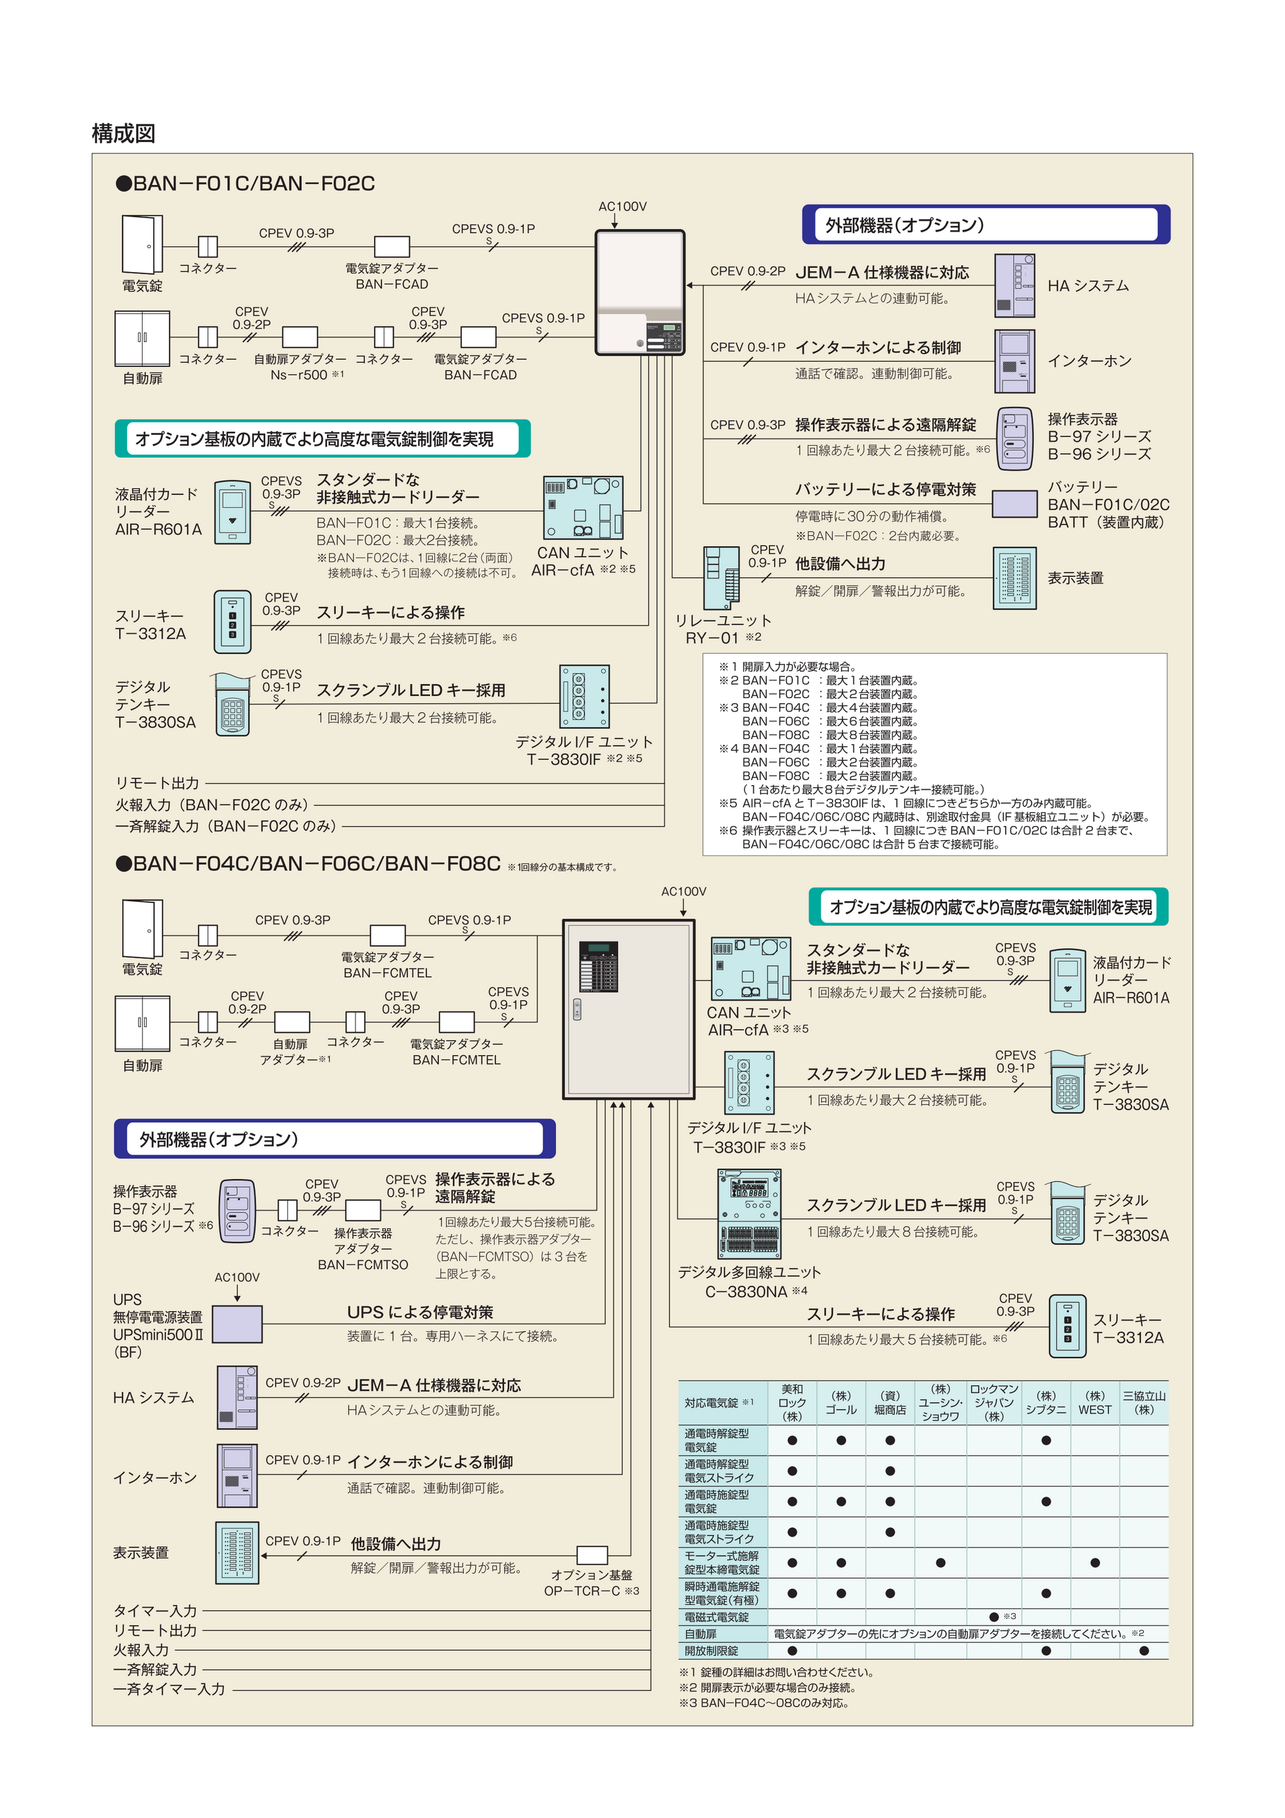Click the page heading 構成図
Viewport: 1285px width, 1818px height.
tap(123, 133)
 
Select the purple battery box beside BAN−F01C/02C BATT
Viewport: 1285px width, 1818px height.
tap(1014, 504)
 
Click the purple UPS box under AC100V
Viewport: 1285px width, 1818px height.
tap(238, 1324)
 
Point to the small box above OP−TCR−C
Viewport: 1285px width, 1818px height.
tap(592, 1555)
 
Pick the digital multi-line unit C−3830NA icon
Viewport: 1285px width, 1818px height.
tap(749, 1214)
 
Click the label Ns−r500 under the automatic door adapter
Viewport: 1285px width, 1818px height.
tap(298, 375)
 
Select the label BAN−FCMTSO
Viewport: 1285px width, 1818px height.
tap(363, 1265)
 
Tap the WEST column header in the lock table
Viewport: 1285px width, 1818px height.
tap(1095, 1409)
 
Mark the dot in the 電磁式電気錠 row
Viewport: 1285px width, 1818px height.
tap(994, 1617)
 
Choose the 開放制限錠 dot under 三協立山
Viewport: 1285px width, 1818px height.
tap(1143, 1651)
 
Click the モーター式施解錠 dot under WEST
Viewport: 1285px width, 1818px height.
tap(1095, 1563)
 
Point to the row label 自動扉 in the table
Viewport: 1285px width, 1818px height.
tap(701, 1634)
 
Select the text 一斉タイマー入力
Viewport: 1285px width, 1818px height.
tap(169, 1689)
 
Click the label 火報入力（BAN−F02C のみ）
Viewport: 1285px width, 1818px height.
tap(211, 805)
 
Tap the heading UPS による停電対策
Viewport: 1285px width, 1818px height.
tap(419, 1312)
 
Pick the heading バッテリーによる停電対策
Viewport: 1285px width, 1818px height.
tap(885, 490)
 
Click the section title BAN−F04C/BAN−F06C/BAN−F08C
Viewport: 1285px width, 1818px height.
tap(316, 864)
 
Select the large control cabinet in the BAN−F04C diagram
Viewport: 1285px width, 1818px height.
tap(628, 1009)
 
